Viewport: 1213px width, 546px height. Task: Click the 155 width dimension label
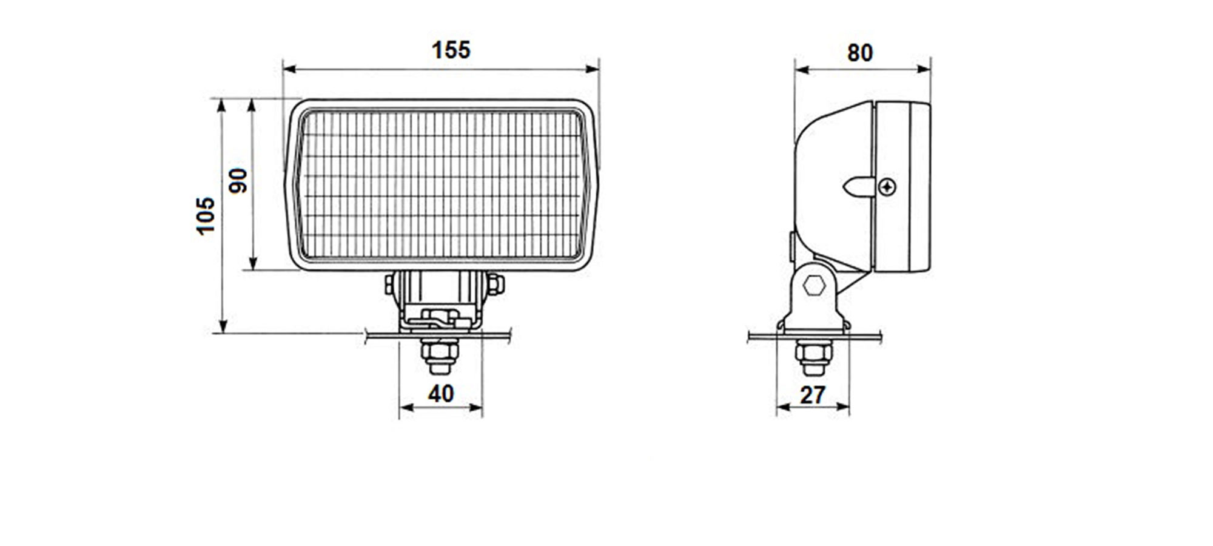pos(451,50)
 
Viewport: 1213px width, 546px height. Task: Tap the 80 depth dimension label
pos(860,53)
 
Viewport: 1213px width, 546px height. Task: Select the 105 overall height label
pos(206,215)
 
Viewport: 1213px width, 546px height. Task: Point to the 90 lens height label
pos(238,181)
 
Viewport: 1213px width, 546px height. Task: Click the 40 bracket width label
pos(441,394)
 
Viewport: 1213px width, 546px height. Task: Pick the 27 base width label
pos(813,396)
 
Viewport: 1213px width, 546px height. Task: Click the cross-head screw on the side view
pos(887,187)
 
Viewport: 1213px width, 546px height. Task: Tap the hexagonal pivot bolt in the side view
pos(814,285)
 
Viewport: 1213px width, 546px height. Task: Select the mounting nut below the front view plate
pos(440,356)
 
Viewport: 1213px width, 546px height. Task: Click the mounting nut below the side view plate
pos(813,358)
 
